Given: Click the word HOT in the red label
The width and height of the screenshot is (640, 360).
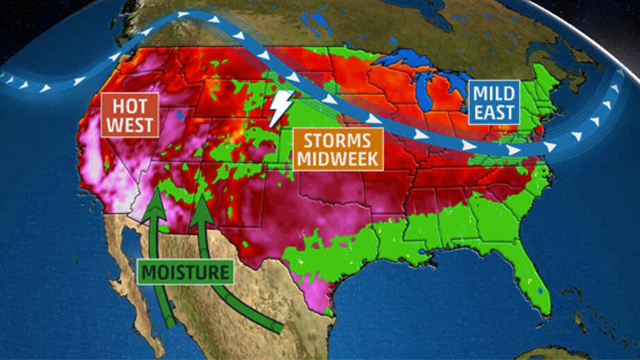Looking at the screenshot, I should point(130,106).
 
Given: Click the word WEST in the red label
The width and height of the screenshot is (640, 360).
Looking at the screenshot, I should point(130,125).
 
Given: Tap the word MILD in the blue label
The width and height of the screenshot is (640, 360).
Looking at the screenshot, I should point(494,94).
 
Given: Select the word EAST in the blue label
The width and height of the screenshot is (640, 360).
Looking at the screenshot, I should point(494,113).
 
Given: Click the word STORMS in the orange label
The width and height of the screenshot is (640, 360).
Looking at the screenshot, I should point(338,141).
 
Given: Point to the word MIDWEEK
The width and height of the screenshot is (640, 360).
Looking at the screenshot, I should point(338,159).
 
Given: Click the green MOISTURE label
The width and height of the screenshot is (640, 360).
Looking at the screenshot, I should point(185,273).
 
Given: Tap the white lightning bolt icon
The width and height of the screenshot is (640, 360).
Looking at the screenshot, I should point(280,108).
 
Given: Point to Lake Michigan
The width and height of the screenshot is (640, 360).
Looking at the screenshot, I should point(425,95).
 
